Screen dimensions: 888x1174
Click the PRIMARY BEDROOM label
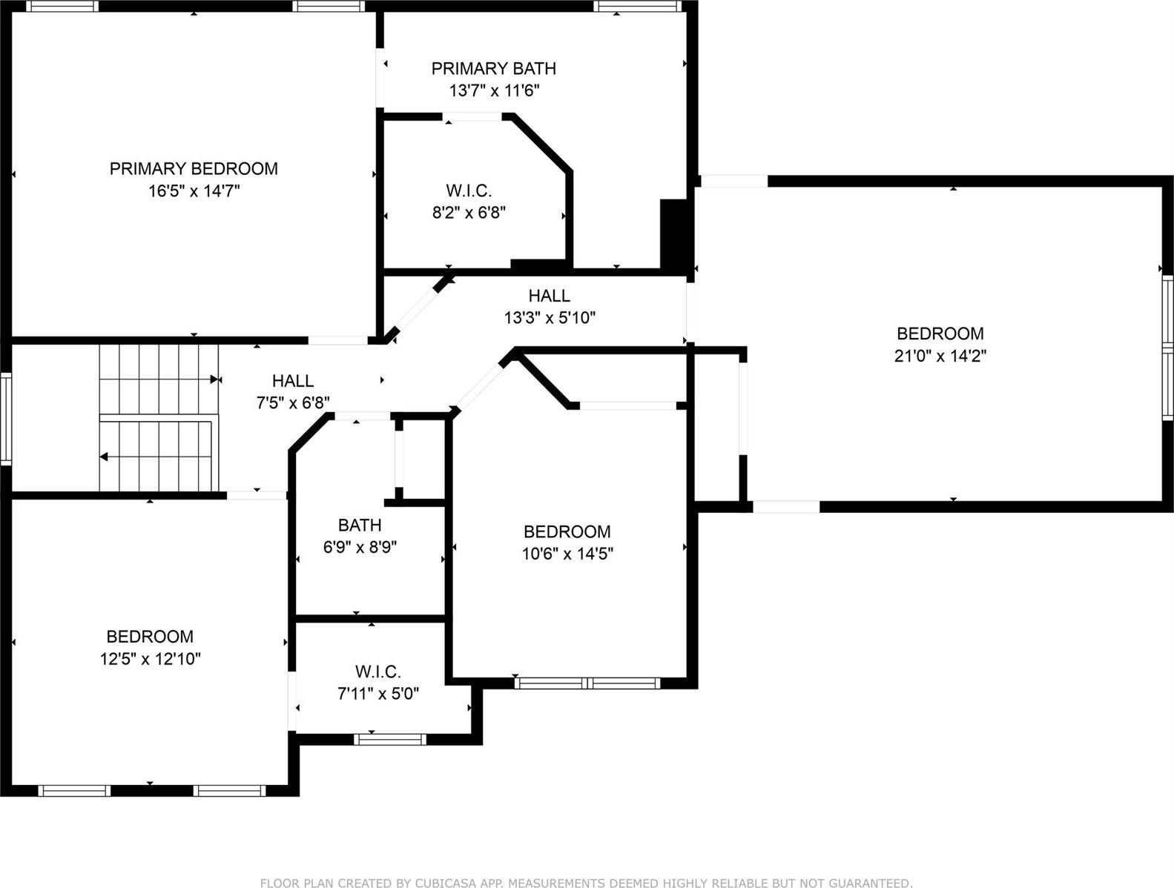tap(194, 168)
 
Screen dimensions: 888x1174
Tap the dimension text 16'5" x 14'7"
tap(194, 191)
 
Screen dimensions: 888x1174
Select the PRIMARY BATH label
tap(493, 68)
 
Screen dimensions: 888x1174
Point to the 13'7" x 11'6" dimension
tap(493, 91)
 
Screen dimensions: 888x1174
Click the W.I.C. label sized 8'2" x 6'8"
tap(469, 190)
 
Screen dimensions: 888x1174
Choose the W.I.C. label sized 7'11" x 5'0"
tap(378, 672)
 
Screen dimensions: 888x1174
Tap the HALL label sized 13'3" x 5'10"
tap(549, 296)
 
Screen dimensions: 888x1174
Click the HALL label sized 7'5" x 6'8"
tap(293, 381)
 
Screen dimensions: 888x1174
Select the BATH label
tap(360, 525)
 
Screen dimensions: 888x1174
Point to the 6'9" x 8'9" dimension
tap(360, 548)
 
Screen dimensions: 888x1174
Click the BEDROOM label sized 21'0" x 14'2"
tap(940, 334)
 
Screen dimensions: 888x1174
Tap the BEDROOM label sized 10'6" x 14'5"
tap(567, 531)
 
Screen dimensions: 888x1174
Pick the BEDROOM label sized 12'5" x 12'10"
tap(150, 636)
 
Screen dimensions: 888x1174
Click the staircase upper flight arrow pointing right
tap(215, 380)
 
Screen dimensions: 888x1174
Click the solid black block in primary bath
tap(673, 233)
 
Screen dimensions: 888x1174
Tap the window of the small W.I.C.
tap(389, 739)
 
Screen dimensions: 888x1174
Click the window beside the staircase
tap(6, 418)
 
